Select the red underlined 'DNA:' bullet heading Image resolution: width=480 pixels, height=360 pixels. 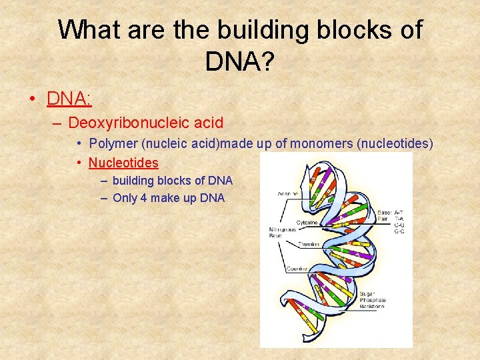tap(69, 99)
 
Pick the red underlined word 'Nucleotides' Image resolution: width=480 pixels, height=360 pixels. tap(123, 163)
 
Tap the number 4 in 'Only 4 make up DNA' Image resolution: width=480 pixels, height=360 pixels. tap(143, 198)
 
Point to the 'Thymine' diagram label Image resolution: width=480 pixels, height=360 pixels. tap(309, 244)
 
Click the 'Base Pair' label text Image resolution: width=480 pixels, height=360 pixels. tap(385, 215)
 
